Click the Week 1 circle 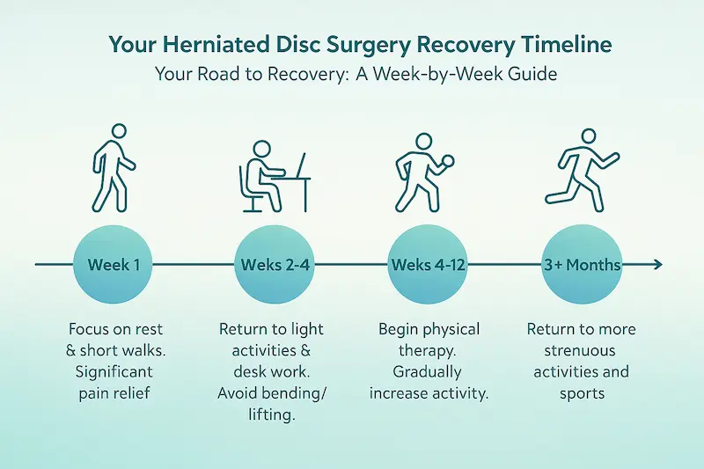(113, 264)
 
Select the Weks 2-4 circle (271, 264)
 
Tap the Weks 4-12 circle (428, 264)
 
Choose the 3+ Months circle (582, 264)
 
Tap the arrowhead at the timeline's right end (657, 264)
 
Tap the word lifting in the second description (270, 414)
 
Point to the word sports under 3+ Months (582, 392)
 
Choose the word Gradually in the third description (429, 371)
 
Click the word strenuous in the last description (582, 351)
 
